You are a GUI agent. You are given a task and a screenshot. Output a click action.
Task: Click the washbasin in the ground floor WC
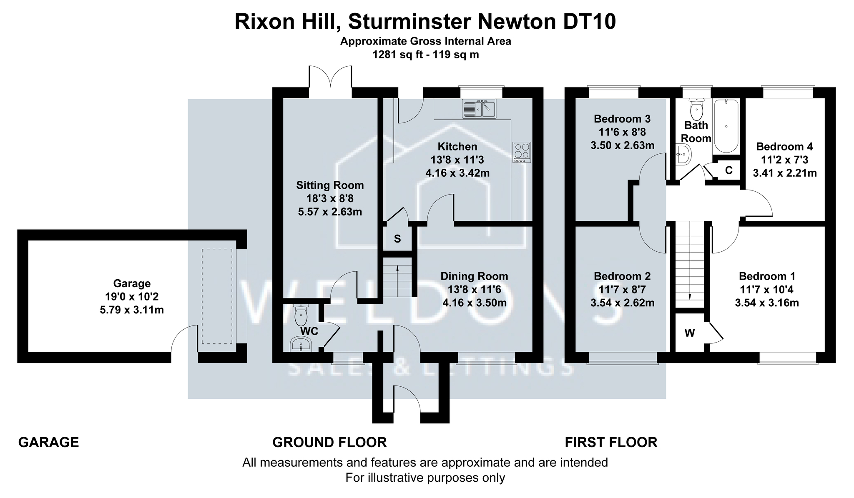click(x=301, y=345)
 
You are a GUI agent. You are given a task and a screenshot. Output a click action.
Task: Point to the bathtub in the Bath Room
click(x=726, y=126)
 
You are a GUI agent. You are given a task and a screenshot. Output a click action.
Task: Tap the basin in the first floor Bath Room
click(x=684, y=154)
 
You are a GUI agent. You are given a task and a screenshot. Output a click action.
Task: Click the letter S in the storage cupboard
click(x=397, y=239)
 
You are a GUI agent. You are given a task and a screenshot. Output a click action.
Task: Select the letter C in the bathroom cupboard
click(x=729, y=170)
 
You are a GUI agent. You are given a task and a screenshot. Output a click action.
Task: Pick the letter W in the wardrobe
click(x=690, y=333)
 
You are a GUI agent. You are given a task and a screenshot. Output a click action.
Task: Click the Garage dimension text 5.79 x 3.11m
click(x=132, y=310)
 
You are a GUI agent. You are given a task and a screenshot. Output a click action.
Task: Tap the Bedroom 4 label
click(x=784, y=147)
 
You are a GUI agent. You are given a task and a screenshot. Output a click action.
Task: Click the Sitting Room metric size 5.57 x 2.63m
click(x=330, y=212)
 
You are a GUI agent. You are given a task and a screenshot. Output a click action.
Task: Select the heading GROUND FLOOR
click(x=329, y=442)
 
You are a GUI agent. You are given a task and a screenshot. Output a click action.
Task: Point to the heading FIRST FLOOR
click(x=611, y=442)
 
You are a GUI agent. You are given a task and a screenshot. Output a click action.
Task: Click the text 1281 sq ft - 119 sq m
click(x=425, y=54)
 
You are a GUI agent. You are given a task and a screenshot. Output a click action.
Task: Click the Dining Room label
click(x=474, y=276)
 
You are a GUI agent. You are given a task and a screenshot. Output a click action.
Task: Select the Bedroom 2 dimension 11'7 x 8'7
click(x=622, y=289)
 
